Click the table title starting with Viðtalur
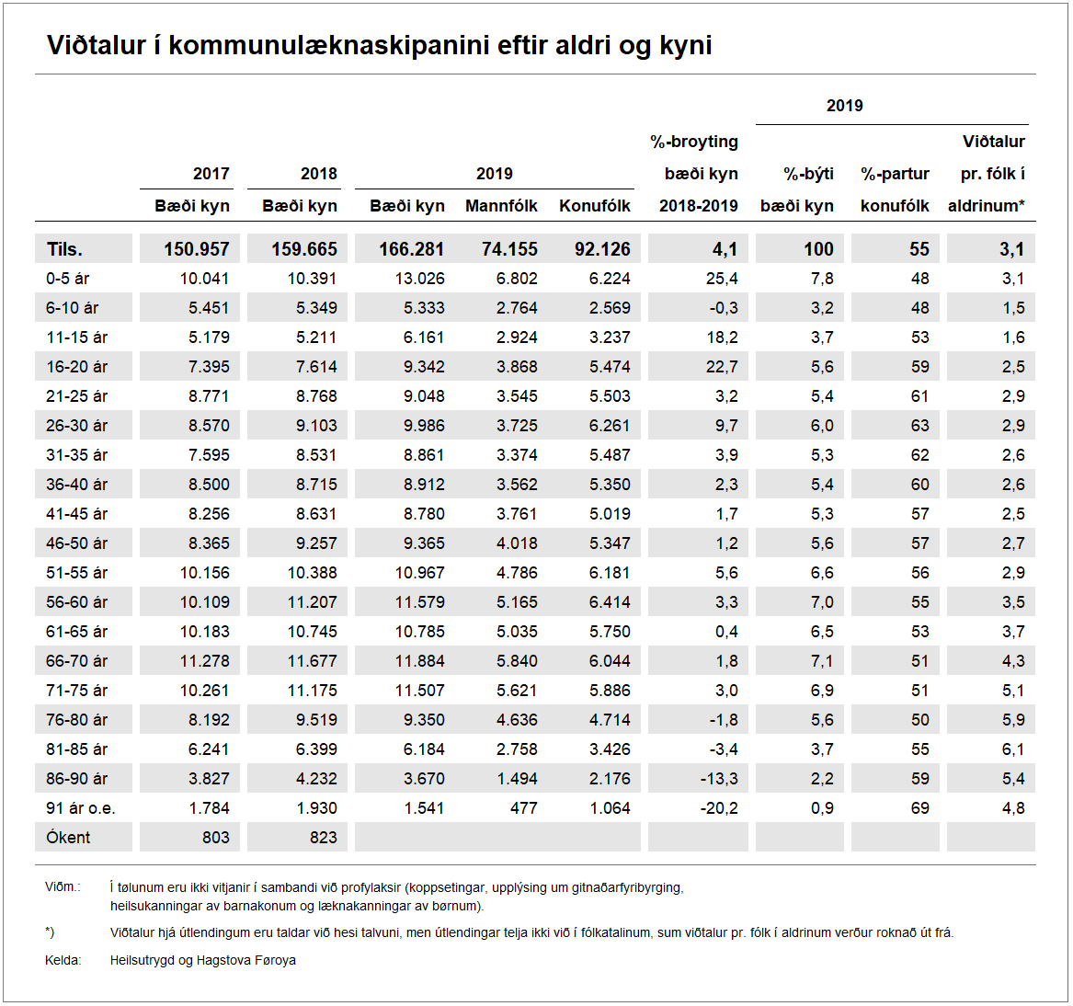pyautogui.click(x=379, y=45)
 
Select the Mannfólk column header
pyautogui.click(x=501, y=206)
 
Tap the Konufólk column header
pyautogui.click(x=595, y=206)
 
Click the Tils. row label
pyautogui.click(x=64, y=249)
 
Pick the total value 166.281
pyautogui.click(x=411, y=249)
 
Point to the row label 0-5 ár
pyautogui.click(x=68, y=279)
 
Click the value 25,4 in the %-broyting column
pyautogui.click(x=722, y=279)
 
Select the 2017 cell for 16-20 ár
pyautogui.click(x=209, y=367)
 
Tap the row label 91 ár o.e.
pyautogui.click(x=81, y=808)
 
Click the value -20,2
pyautogui.click(x=718, y=808)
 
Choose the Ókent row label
pyautogui.click(x=68, y=838)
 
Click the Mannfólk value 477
pyautogui.click(x=523, y=808)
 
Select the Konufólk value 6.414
pyautogui.click(x=610, y=602)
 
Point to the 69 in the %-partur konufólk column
pyautogui.click(x=919, y=808)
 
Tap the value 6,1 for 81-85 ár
pyautogui.click(x=1013, y=749)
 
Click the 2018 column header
pyautogui.click(x=318, y=174)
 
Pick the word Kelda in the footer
pyautogui.click(x=63, y=960)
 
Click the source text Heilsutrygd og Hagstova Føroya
pyautogui.click(x=203, y=960)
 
